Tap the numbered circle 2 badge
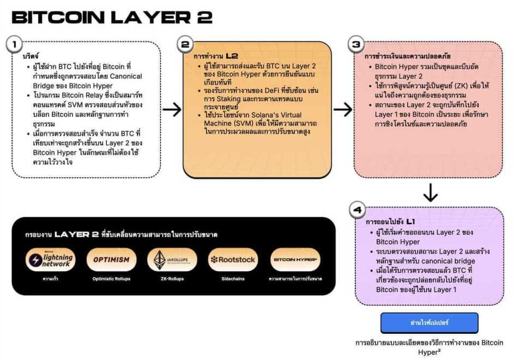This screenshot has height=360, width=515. tap(186, 44)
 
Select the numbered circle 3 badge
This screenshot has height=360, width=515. tap(356, 44)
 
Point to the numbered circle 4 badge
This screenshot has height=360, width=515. tap(357, 209)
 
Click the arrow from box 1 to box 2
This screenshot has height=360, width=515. tap(172, 110)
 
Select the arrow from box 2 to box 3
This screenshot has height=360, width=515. tap(343, 110)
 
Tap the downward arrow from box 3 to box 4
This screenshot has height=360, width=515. tap(430, 193)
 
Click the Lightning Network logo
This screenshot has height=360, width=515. tap(51, 260)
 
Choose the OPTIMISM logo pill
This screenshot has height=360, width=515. tap(111, 260)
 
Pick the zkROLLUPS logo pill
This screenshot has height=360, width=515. tap(172, 260)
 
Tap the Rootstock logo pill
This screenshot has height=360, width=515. tap(233, 260)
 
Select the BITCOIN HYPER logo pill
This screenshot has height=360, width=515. tap(295, 260)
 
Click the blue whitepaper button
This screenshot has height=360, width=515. tap(429, 322)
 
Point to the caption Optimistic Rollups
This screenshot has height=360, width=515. tap(111, 279)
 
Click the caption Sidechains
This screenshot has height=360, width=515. tap(233, 279)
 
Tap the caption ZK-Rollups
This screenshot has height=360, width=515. tap(172, 279)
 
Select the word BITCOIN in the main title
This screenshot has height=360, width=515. tap(57, 17)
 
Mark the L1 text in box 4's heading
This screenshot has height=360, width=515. tap(410, 222)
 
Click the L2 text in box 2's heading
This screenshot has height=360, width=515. tap(233, 56)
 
